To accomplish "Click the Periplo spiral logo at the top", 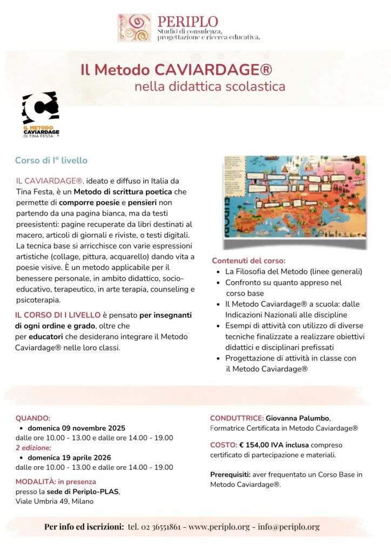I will [134, 28].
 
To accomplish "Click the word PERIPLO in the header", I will [187, 22].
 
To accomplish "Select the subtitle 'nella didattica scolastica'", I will [210, 86].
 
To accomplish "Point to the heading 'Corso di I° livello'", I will [51, 161].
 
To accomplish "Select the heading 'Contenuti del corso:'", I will [248, 260].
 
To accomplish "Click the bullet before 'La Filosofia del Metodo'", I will [218, 272].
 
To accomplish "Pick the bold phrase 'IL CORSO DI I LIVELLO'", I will [58, 315].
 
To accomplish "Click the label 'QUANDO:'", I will [33, 418].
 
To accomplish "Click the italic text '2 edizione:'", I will [33, 447].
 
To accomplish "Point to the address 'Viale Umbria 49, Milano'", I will [54, 501].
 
